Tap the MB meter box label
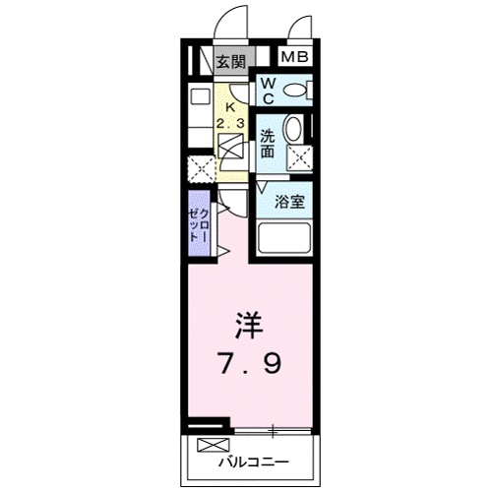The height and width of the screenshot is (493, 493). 295,57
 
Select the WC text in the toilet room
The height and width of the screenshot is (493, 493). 267,92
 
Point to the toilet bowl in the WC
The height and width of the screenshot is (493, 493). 294,92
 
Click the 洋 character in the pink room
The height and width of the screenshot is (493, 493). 249,324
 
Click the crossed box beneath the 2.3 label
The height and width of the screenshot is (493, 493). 232,150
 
